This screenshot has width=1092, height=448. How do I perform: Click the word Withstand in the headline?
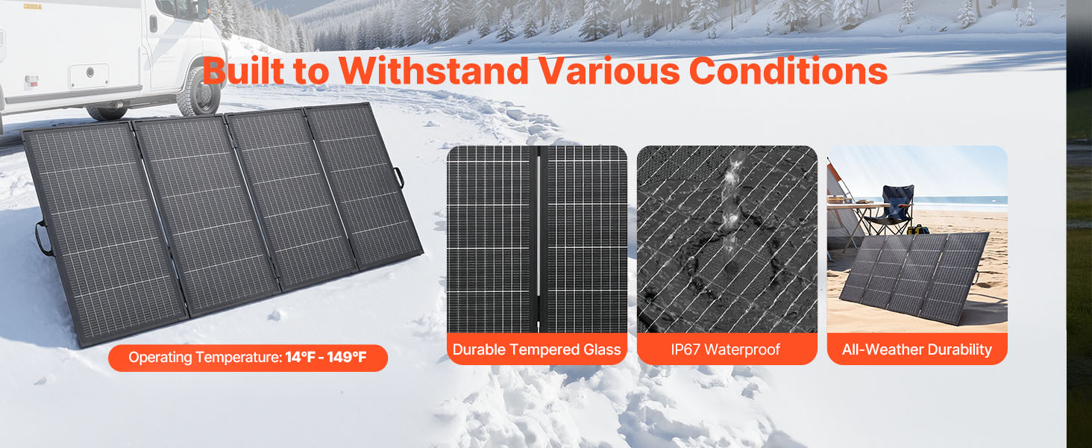(x=433, y=71)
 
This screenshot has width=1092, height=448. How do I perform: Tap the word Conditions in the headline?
(x=788, y=71)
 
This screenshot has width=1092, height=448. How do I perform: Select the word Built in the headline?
(x=243, y=71)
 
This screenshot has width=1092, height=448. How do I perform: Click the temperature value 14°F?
(x=301, y=357)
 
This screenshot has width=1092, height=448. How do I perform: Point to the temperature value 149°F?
(x=347, y=357)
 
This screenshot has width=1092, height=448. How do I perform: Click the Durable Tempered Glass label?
(x=537, y=349)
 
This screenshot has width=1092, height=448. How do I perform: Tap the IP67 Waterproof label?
(x=726, y=349)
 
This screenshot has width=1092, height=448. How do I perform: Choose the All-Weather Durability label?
(x=917, y=349)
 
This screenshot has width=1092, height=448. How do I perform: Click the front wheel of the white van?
(x=199, y=92)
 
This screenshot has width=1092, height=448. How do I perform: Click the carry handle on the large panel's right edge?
(x=399, y=177)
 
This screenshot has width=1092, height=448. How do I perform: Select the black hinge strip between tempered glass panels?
(x=539, y=239)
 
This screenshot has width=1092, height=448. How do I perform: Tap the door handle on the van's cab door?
(x=154, y=23)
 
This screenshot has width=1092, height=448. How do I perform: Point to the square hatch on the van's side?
(x=90, y=75)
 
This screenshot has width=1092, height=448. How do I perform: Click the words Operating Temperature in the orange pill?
(x=204, y=357)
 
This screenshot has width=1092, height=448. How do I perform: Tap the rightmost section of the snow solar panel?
(x=363, y=184)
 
